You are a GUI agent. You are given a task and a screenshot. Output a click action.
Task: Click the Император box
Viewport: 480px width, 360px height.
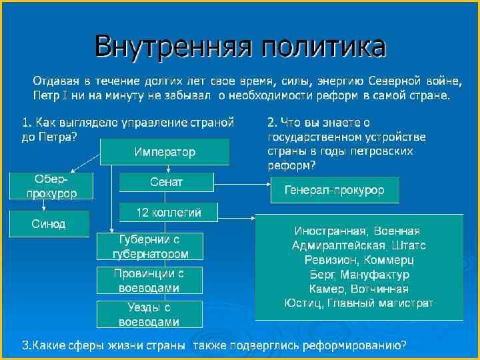(165, 152)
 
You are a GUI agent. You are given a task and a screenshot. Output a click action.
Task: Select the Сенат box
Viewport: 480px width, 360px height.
(167, 182)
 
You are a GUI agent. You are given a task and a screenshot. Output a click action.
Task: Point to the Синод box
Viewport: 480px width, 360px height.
(49, 224)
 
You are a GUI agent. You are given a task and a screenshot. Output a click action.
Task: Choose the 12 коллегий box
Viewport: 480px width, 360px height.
(168, 213)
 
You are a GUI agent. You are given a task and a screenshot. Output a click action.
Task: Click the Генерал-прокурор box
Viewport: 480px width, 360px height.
(335, 190)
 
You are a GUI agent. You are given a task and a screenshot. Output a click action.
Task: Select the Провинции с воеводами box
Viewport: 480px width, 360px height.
(149, 281)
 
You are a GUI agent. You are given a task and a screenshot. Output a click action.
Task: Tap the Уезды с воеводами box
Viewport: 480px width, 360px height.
(149, 315)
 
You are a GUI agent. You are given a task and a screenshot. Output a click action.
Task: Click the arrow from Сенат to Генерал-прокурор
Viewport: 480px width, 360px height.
(241, 182)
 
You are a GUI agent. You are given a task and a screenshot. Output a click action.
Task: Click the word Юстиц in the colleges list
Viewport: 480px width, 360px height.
(301, 303)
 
